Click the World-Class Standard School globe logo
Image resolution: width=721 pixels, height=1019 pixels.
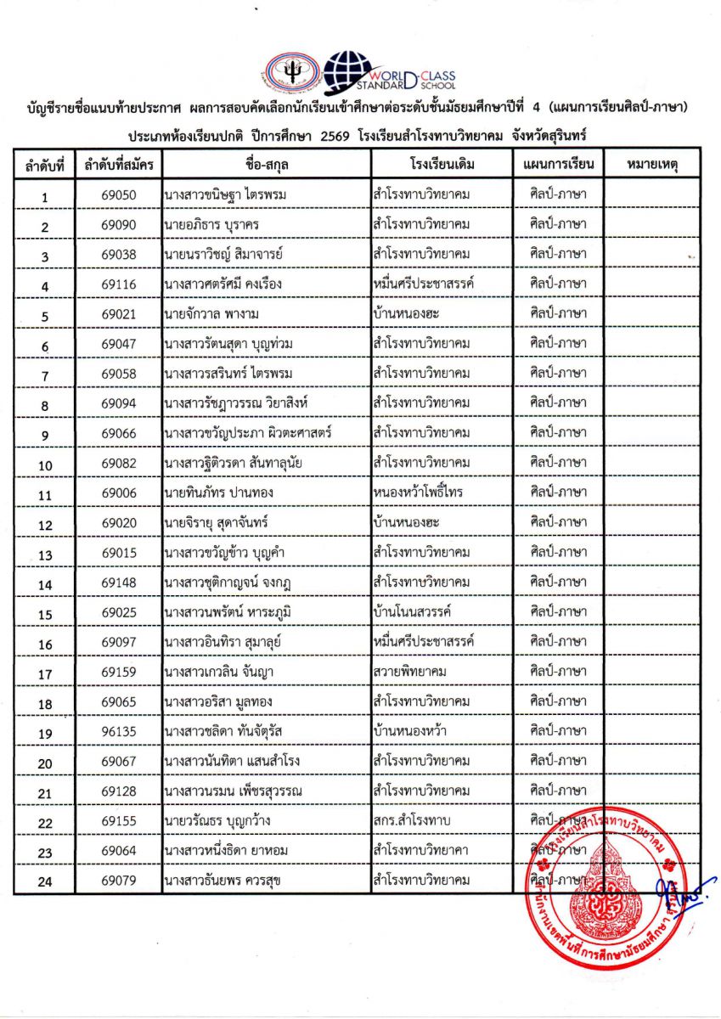pos(349,71)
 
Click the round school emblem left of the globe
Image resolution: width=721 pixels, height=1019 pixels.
pos(291,74)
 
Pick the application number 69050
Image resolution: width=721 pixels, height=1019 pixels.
pos(118,194)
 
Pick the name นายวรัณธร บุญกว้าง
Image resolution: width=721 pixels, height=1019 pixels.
pos(217,820)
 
